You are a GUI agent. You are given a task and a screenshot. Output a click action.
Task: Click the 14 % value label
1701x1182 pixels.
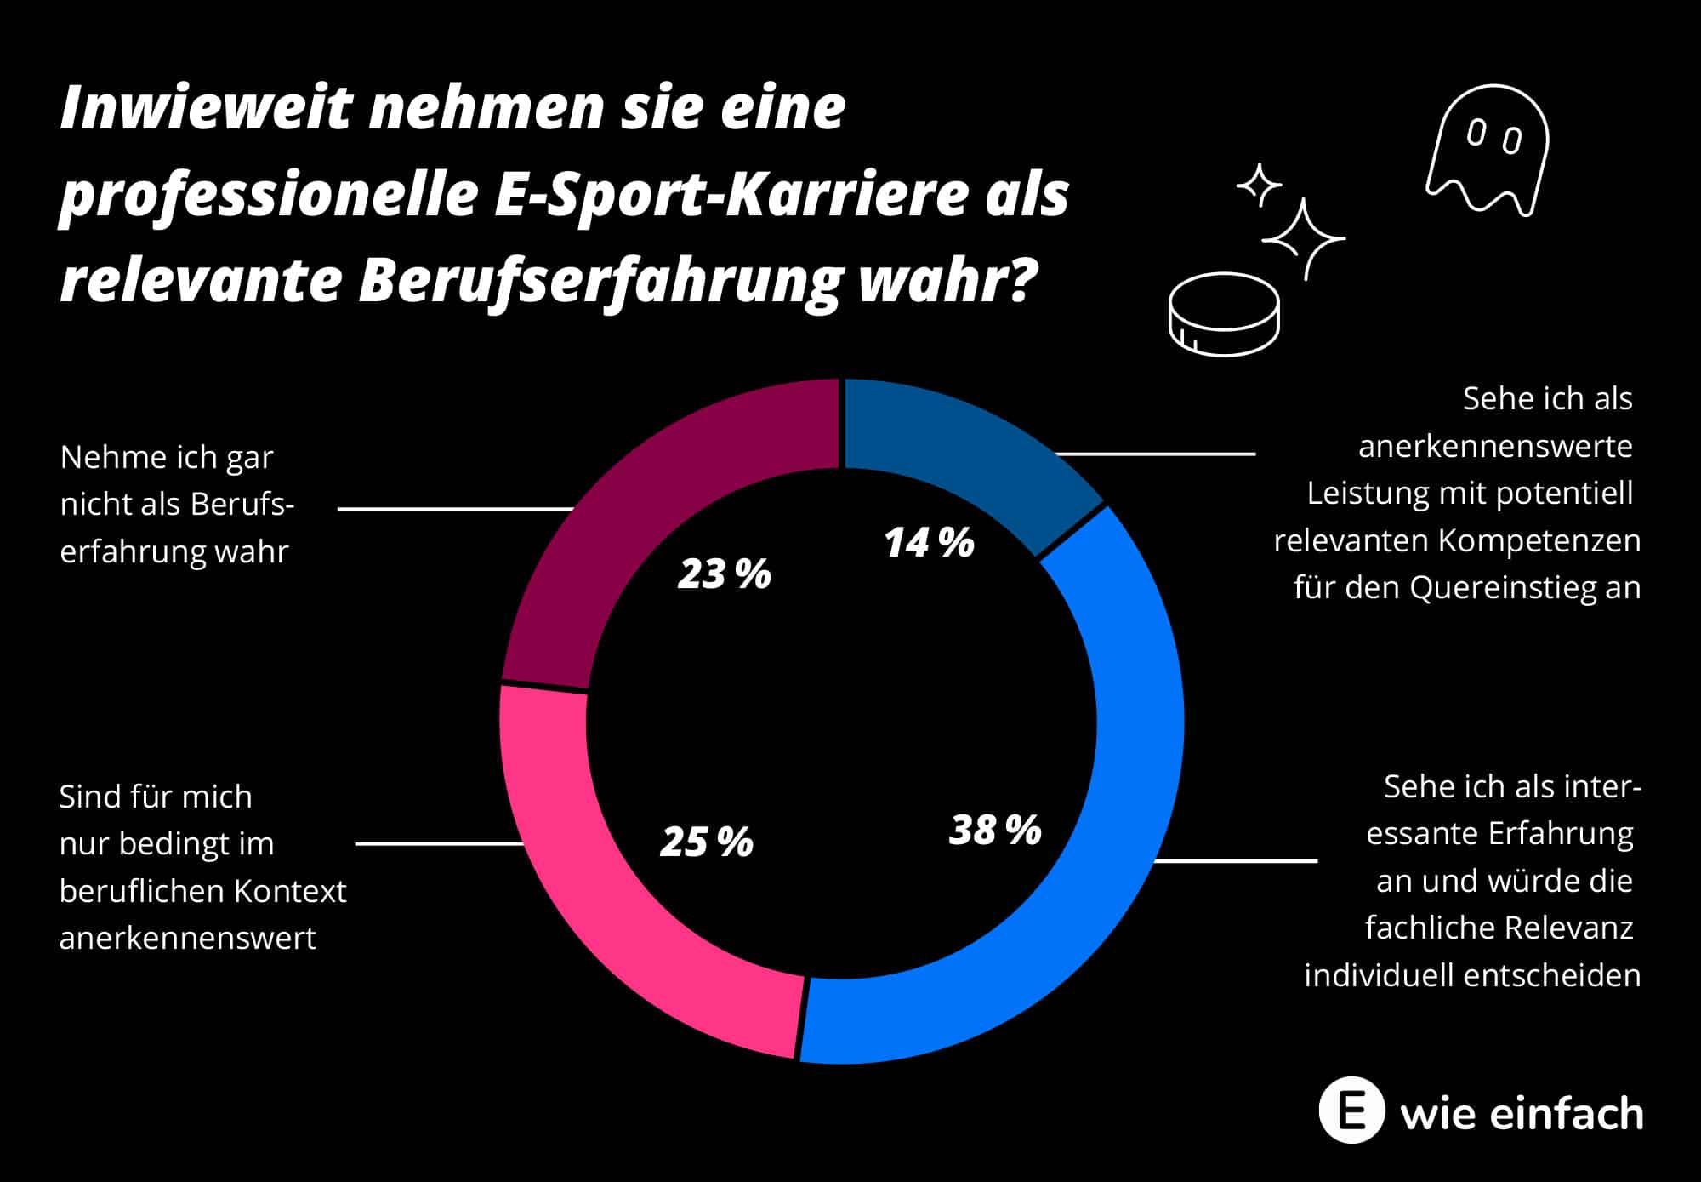[929, 543]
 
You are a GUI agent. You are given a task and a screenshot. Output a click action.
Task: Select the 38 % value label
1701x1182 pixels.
[995, 830]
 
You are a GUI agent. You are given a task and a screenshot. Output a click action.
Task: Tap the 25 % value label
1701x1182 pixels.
[707, 842]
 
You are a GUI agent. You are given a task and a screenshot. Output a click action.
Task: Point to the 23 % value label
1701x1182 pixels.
[724, 574]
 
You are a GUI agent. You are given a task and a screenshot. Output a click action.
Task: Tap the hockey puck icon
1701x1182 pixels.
[1224, 314]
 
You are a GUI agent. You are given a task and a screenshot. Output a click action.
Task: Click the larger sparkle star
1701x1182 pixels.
[1302, 239]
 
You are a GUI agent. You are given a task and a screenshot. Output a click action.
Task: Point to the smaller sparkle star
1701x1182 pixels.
[1259, 185]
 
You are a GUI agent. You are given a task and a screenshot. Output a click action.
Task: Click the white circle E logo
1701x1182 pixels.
[1351, 1111]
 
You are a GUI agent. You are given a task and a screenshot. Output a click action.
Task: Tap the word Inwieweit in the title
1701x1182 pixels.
[205, 109]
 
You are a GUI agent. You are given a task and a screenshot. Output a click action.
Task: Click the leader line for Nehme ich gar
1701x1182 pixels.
[455, 509]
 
